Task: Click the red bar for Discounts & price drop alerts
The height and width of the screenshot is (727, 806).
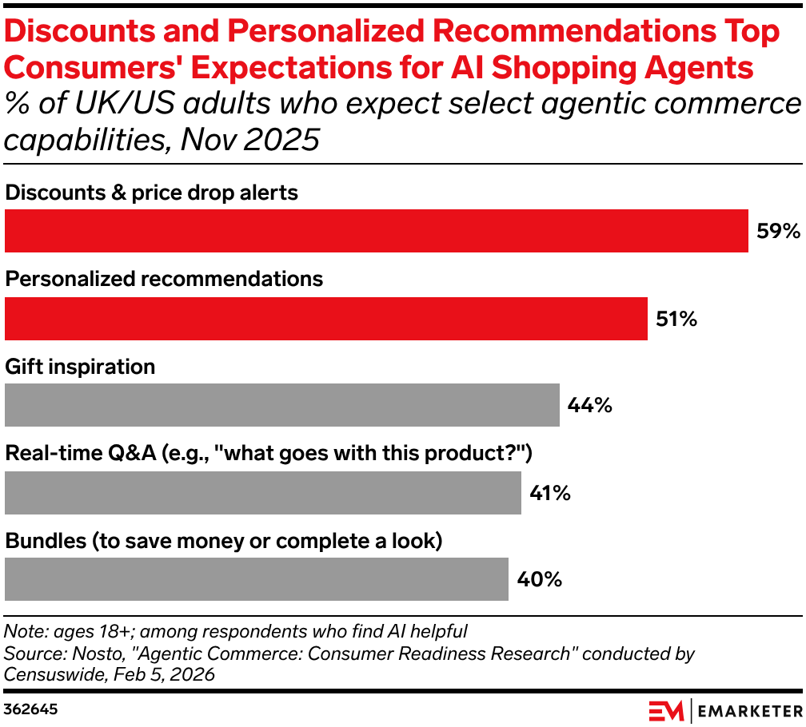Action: pyautogui.click(x=376, y=231)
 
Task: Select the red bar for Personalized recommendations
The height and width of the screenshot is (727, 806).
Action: pyautogui.click(x=325, y=318)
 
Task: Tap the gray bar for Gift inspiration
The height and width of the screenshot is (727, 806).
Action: pyautogui.click(x=281, y=405)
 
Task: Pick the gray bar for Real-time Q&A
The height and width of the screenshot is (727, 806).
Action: pyautogui.click(x=262, y=492)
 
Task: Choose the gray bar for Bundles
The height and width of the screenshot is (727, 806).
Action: pyautogui.click(x=256, y=579)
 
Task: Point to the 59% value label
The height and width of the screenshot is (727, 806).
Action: pyautogui.click(x=778, y=232)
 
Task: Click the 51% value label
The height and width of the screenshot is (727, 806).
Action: pyautogui.click(x=676, y=319)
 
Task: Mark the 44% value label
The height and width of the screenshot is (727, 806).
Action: pyautogui.click(x=589, y=406)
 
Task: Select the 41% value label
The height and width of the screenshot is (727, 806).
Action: pyautogui.click(x=550, y=493)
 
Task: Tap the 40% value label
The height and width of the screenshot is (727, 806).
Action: pyautogui.click(x=539, y=579)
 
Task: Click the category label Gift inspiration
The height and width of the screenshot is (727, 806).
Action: pyautogui.click(x=80, y=367)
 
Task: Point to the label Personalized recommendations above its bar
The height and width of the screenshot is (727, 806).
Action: pyautogui.click(x=164, y=279)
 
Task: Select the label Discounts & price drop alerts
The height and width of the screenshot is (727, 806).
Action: pyautogui.click(x=151, y=193)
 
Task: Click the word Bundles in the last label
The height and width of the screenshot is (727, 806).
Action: pyautogui.click(x=46, y=541)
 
